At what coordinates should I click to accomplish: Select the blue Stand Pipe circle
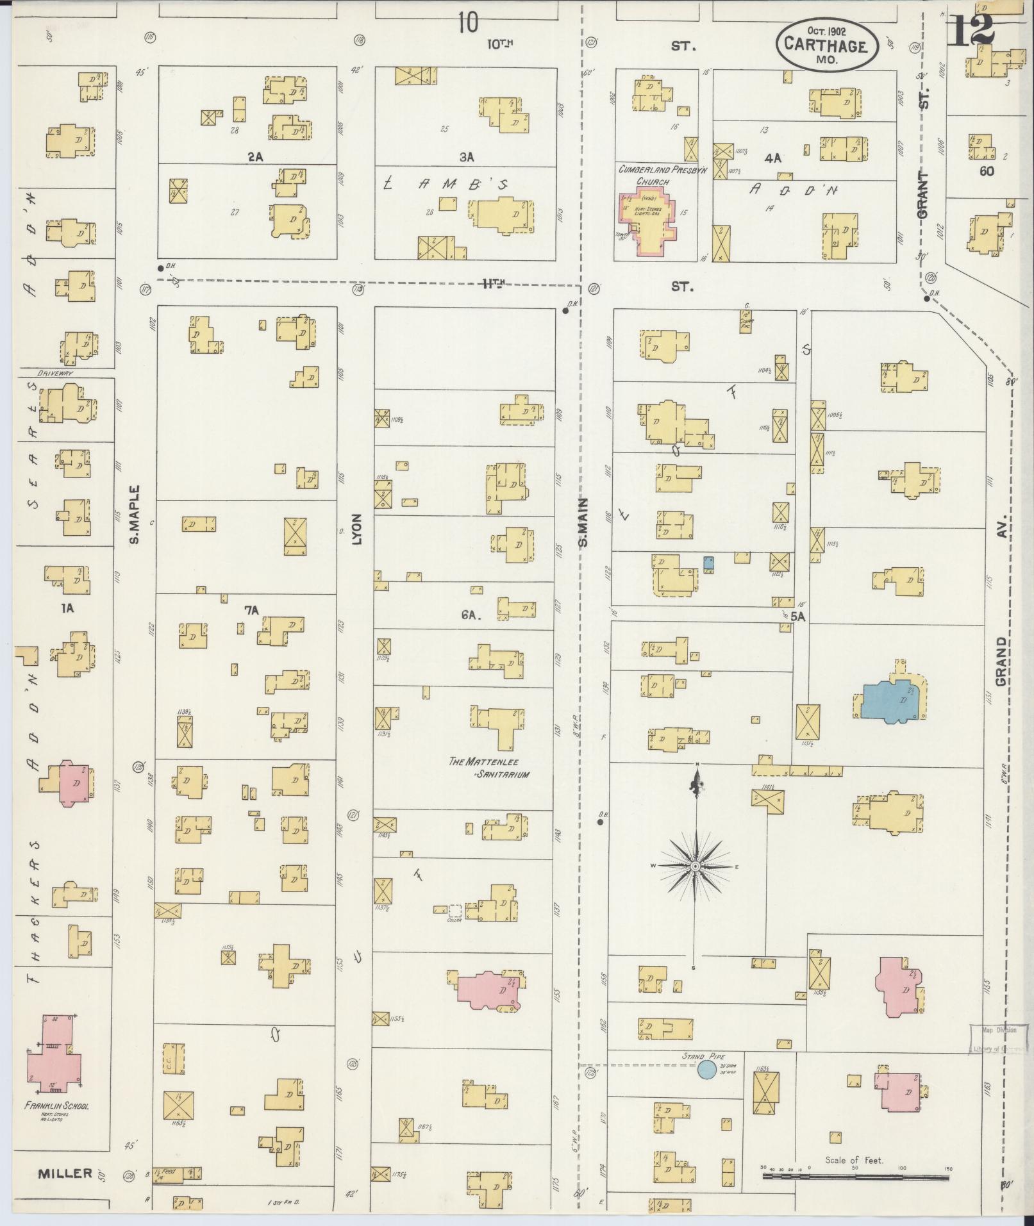707,1068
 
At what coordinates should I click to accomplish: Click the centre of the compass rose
696,866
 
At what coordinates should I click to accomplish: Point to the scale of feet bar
855,1177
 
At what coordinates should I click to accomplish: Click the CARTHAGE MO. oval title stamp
826,47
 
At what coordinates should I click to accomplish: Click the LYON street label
356,529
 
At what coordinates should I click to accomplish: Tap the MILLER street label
65,1173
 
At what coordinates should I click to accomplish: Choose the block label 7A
251,611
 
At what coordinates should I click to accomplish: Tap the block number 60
987,171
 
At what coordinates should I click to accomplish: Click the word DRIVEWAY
55,373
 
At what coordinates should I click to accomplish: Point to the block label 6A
471,614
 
